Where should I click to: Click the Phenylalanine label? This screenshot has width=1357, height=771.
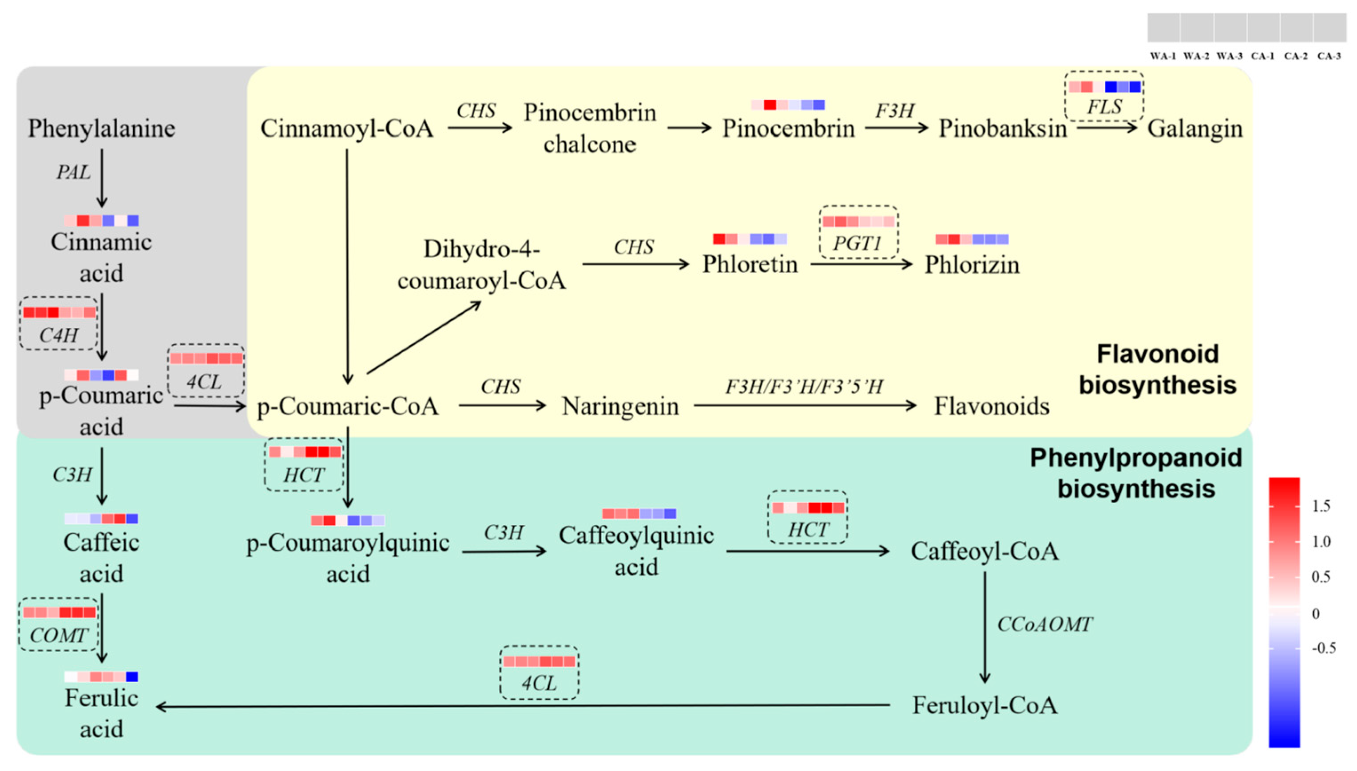point(101,129)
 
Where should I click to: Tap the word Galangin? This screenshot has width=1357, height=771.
point(1194,129)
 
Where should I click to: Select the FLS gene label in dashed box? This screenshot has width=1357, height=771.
point(1104,107)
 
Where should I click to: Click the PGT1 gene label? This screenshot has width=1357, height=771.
point(857,244)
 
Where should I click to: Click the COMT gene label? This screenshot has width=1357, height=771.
point(58,635)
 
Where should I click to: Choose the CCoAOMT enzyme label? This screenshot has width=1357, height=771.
point(1044,624)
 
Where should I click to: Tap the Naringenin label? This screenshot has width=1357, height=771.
point(620,407)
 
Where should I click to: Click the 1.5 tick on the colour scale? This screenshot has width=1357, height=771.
point(1321,506)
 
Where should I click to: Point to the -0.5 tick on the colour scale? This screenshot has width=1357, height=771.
point(1323,648)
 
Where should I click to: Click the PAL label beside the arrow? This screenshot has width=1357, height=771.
point(74,172)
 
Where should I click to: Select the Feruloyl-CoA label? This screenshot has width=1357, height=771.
point(984,705)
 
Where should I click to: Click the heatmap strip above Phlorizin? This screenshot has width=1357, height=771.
point(972,240)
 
